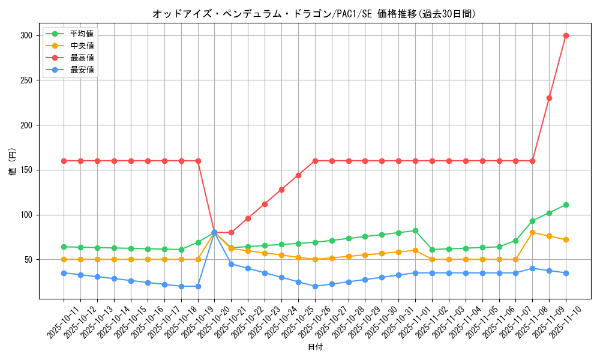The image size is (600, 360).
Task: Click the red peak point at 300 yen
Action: pos(566,35)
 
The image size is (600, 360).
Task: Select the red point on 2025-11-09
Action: pos(549,98)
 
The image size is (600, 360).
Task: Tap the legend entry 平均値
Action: pos(82,34)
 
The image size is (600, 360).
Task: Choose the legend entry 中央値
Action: pos(82,46)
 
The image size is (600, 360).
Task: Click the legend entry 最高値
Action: pos(82,58)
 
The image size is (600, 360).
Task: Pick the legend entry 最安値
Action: pos(82,70)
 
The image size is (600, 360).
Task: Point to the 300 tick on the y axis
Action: pos(26,35)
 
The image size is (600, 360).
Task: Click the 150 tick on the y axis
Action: pos(26,170)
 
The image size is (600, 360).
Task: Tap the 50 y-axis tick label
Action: pos(29,260)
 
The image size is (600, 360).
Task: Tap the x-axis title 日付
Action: pos(314,347)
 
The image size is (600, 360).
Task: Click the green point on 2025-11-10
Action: pos(566,205)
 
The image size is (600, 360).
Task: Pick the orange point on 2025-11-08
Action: pos(532,232)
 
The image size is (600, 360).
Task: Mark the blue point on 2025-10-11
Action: pos(64,273)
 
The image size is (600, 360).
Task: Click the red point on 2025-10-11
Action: pos(64,161)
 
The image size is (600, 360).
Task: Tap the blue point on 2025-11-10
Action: pos(566,273)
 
